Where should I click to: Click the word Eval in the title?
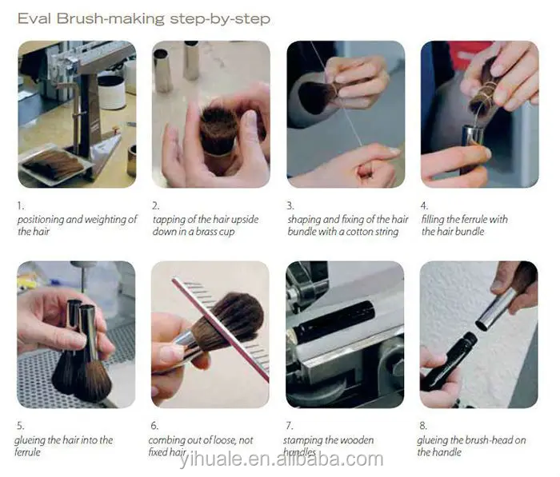[x=34, y=18]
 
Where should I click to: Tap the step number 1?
[x=21, y=206]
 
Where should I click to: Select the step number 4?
[x=424, y=206]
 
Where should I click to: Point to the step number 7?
[x=290, y=426]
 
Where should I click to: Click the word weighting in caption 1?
[x=105, y=220]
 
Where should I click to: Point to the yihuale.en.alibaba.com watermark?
[x=281, y=459]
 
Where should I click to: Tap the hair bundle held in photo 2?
[x=218, y=130]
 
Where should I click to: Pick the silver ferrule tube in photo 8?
[x=495, y=310]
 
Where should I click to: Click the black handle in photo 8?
[x=446, y=364]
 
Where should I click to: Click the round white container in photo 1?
[x=112, y=92]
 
